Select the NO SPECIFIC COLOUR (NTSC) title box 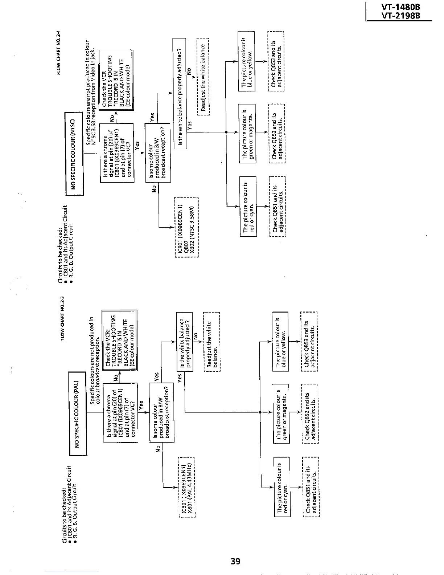74,154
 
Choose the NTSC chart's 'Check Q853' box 276,61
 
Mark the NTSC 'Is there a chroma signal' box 117,153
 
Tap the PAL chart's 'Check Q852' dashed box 309,413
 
